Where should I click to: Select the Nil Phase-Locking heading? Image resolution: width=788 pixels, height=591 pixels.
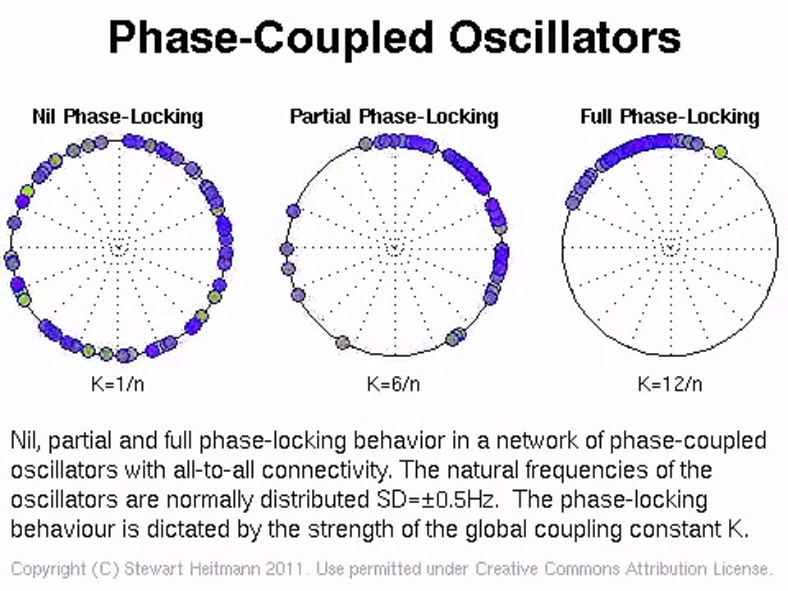tap(117, 116)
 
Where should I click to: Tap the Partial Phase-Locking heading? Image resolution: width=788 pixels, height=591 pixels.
tap(394, 116)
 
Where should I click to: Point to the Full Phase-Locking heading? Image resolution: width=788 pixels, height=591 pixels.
tap(670, 116)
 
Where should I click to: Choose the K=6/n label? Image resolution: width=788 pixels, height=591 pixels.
tap(394, 383)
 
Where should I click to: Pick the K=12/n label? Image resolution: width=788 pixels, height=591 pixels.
tap(670, 383)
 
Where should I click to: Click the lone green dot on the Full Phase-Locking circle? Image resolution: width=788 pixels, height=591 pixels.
tap(720, 151)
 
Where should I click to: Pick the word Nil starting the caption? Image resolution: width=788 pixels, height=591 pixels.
tap(25, 441)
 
